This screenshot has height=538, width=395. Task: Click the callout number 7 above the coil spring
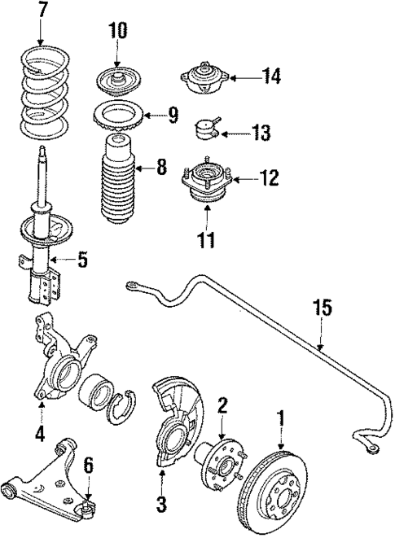(42, 11)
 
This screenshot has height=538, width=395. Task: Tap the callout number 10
(118, 32)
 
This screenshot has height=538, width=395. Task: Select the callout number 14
(271, 77)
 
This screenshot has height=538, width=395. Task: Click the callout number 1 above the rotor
(281, 419)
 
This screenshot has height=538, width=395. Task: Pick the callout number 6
(88, 466)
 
